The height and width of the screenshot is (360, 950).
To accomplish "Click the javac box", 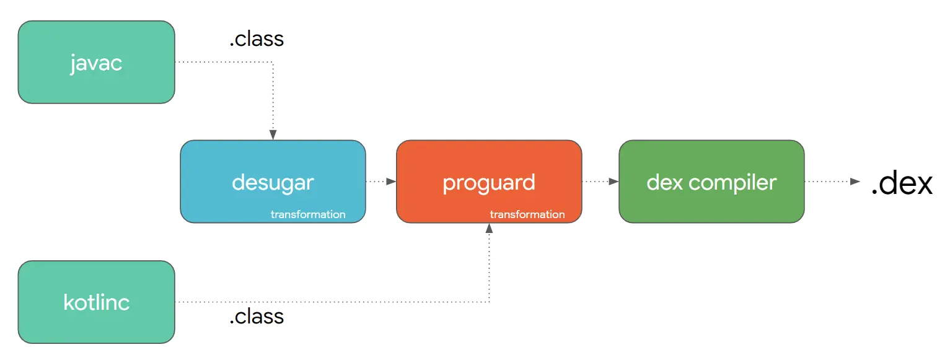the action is click(96, 62).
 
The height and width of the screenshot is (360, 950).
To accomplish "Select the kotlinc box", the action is click(96, 302).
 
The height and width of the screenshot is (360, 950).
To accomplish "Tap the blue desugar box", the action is click(273, 182).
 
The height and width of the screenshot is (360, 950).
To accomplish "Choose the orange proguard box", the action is click(489, 182).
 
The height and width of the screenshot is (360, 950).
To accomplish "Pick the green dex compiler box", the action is click(711, 182).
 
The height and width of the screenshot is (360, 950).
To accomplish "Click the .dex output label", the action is click(902, 183).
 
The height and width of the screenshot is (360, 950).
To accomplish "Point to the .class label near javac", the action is click(257, 39).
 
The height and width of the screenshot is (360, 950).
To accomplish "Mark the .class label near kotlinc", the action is click(257, 317).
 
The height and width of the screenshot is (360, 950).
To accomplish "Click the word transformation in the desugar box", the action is click(308, 214).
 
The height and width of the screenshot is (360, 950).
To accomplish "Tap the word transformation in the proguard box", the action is click(527, 214).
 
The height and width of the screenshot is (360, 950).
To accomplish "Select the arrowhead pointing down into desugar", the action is click(273, 135).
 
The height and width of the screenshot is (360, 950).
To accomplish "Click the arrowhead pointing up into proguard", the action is click(489, 229).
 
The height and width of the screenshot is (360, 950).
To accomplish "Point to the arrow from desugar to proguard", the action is click(381, 182).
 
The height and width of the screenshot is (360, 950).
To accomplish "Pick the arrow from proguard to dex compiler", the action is click(600, 182).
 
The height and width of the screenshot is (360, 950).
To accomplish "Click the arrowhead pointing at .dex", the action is click(855, 182).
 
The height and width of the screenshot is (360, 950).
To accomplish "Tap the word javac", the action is click(96, 64).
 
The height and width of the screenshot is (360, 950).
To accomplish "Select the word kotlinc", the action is click(96, 302).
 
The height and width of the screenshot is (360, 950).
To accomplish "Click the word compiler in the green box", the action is click(732, 183).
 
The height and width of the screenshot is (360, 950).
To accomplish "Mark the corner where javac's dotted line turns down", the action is click(273, 62).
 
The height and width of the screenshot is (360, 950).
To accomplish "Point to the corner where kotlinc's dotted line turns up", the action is click(489, 302).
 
